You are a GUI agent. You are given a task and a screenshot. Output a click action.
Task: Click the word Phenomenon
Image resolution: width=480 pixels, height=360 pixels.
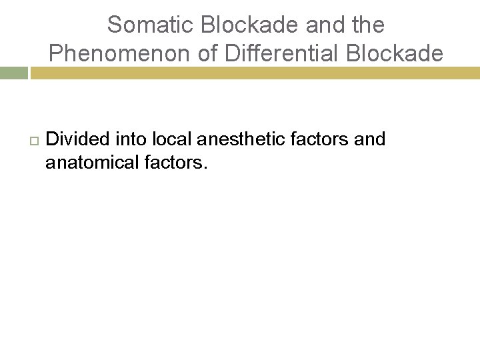tap(120, 53)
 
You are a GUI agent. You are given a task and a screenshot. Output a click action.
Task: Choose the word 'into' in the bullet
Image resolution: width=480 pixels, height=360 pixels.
tap(131, 139)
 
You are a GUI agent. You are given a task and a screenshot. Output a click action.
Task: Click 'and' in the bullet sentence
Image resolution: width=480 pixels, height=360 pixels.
tap(370, 139)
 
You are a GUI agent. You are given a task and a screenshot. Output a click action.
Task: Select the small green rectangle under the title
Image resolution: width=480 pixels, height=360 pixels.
tap(13, 73)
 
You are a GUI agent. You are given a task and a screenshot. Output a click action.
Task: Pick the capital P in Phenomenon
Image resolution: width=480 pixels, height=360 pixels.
tap(55, 53)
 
